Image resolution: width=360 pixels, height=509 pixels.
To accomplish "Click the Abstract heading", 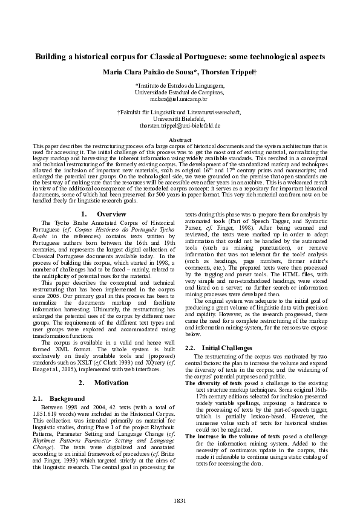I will [179, 140].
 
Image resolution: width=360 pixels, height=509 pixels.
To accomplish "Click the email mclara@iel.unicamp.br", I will [179, 98].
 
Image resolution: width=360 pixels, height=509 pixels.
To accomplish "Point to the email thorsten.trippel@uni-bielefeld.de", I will [179, 126].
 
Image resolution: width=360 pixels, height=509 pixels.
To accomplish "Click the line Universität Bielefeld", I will [179, 119].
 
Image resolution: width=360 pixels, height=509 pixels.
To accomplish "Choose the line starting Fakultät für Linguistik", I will [179, 112].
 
